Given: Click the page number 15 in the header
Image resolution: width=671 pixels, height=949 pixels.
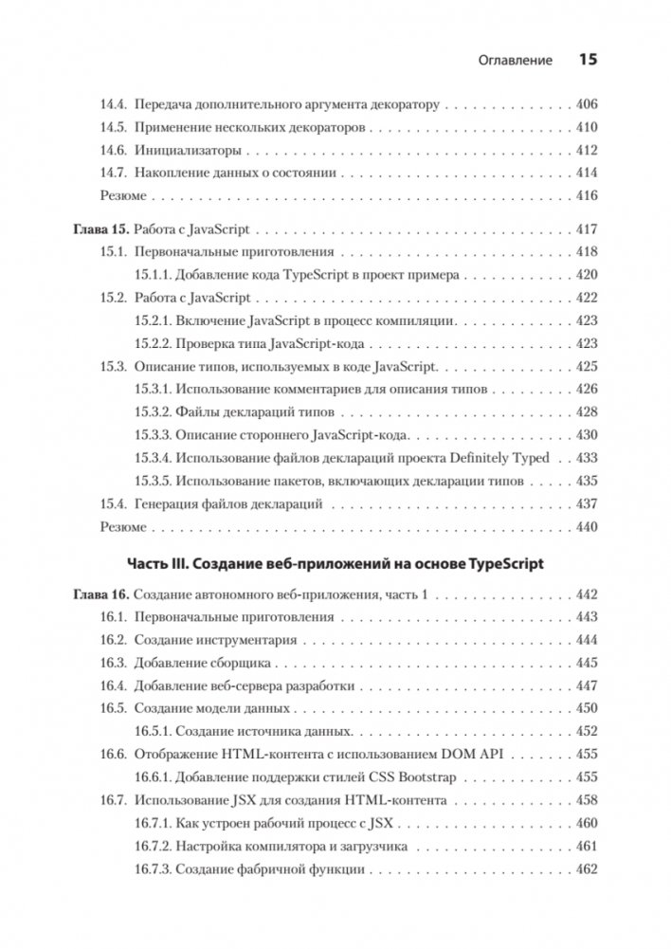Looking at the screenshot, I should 587,61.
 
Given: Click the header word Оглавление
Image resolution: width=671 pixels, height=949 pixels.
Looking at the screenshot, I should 511,62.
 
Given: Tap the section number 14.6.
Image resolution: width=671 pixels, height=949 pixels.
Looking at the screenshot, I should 114,150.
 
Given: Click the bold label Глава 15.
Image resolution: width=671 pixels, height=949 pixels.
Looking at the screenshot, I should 101,229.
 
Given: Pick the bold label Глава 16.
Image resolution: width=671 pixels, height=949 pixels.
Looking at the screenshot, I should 101,595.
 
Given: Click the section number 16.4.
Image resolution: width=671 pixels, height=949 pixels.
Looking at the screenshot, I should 114,686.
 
